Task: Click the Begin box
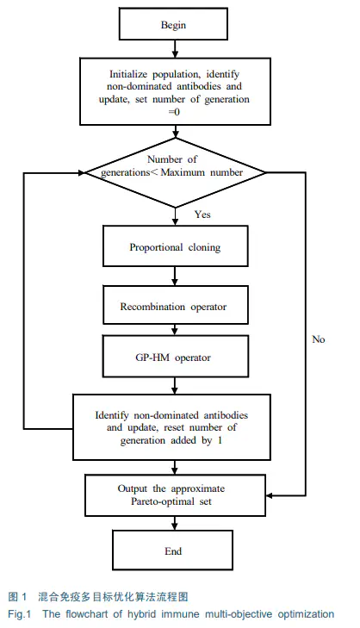173,24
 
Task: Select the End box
172,550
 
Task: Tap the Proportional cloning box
176,246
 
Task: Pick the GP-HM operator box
176,357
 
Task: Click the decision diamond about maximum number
176,173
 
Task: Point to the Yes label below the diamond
202,215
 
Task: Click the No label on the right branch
319,339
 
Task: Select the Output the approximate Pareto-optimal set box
176,495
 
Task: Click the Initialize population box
176,91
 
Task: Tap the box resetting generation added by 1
171,427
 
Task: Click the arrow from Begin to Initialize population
174,49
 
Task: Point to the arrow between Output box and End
174,523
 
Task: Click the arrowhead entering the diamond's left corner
82,173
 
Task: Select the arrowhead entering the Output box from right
270,496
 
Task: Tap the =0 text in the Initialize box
174,112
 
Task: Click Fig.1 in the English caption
19,614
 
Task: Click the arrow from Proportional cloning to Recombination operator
174,276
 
